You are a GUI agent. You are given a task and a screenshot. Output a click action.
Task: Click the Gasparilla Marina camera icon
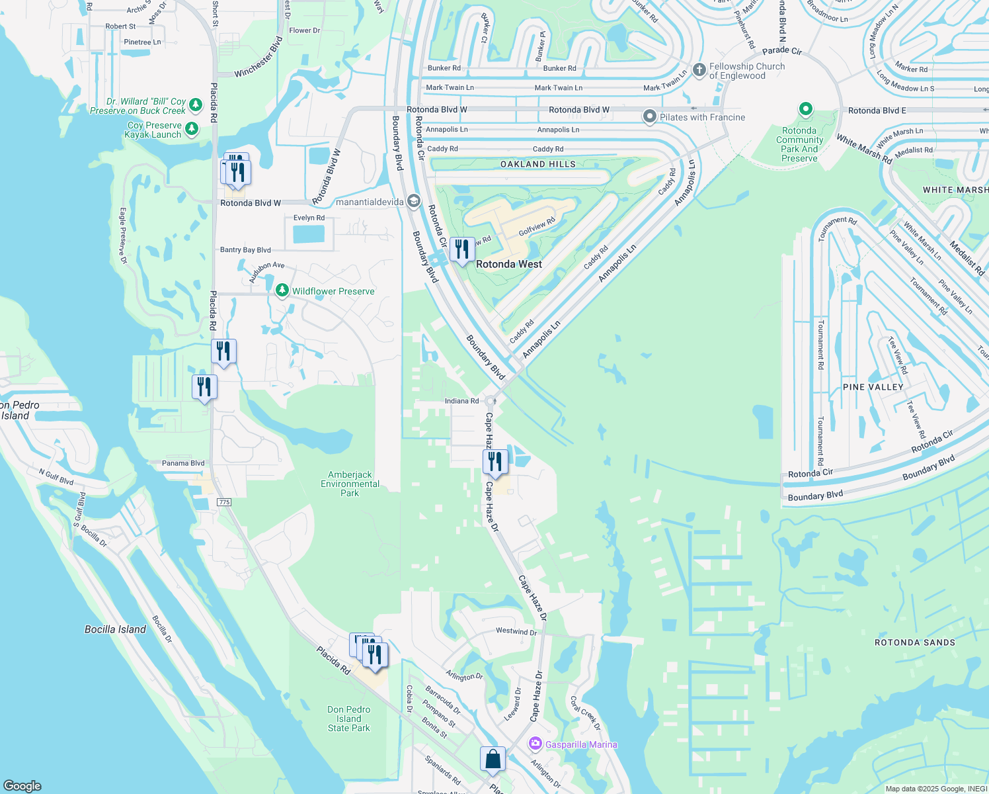pos(535,744)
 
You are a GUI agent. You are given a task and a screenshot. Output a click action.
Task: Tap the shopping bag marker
pos(493,759)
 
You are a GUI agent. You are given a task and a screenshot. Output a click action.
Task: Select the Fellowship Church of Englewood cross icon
pos(699,70)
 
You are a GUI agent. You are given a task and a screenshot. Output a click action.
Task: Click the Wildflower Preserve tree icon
pos(282,290)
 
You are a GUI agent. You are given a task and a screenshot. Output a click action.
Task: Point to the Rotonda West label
pos(509,264)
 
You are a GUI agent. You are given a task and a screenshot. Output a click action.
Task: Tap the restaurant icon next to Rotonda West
pos(462,249)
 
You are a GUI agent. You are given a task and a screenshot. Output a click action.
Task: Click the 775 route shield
pos(224,502)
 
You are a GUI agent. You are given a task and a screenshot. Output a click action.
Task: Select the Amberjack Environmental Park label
pos(350,484)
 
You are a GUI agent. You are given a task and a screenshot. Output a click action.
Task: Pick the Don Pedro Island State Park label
pos(348,719)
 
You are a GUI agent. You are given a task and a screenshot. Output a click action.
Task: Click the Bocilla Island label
pos(115,629)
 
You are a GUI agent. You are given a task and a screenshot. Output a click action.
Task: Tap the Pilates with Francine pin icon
pos(650,117)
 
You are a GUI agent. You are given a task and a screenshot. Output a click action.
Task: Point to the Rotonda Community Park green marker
pos(805,109)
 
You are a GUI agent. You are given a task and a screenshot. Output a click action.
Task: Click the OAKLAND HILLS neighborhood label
pos(537,164)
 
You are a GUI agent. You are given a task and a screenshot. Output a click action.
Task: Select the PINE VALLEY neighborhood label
pos(873,387)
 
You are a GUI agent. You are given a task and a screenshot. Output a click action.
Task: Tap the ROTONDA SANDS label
pos(914,642)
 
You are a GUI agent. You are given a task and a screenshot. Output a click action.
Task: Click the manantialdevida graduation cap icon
pos(413,201)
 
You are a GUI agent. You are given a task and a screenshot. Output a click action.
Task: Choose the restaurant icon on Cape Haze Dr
pos(495,461)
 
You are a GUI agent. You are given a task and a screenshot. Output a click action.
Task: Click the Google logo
pos(22,785)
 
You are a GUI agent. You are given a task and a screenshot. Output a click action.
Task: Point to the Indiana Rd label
pos(461,401)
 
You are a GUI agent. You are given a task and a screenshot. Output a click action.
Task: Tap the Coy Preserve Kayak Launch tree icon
pos(192,128)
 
